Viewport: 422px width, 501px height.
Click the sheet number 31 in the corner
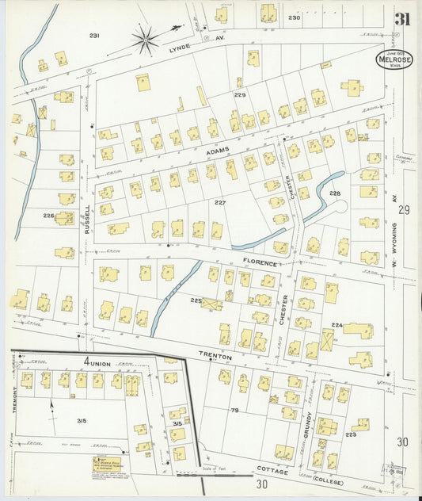click(402, 19)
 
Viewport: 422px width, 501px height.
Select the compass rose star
click(145, 39)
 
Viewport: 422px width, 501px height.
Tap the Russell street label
click(88, 219)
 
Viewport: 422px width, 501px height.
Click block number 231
click(94, 36)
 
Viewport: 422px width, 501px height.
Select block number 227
click(220, 203)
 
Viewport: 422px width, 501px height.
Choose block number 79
click(234, 410)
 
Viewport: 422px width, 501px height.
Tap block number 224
click(336, 325)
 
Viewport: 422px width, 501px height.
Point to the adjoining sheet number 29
click(404, 210)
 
